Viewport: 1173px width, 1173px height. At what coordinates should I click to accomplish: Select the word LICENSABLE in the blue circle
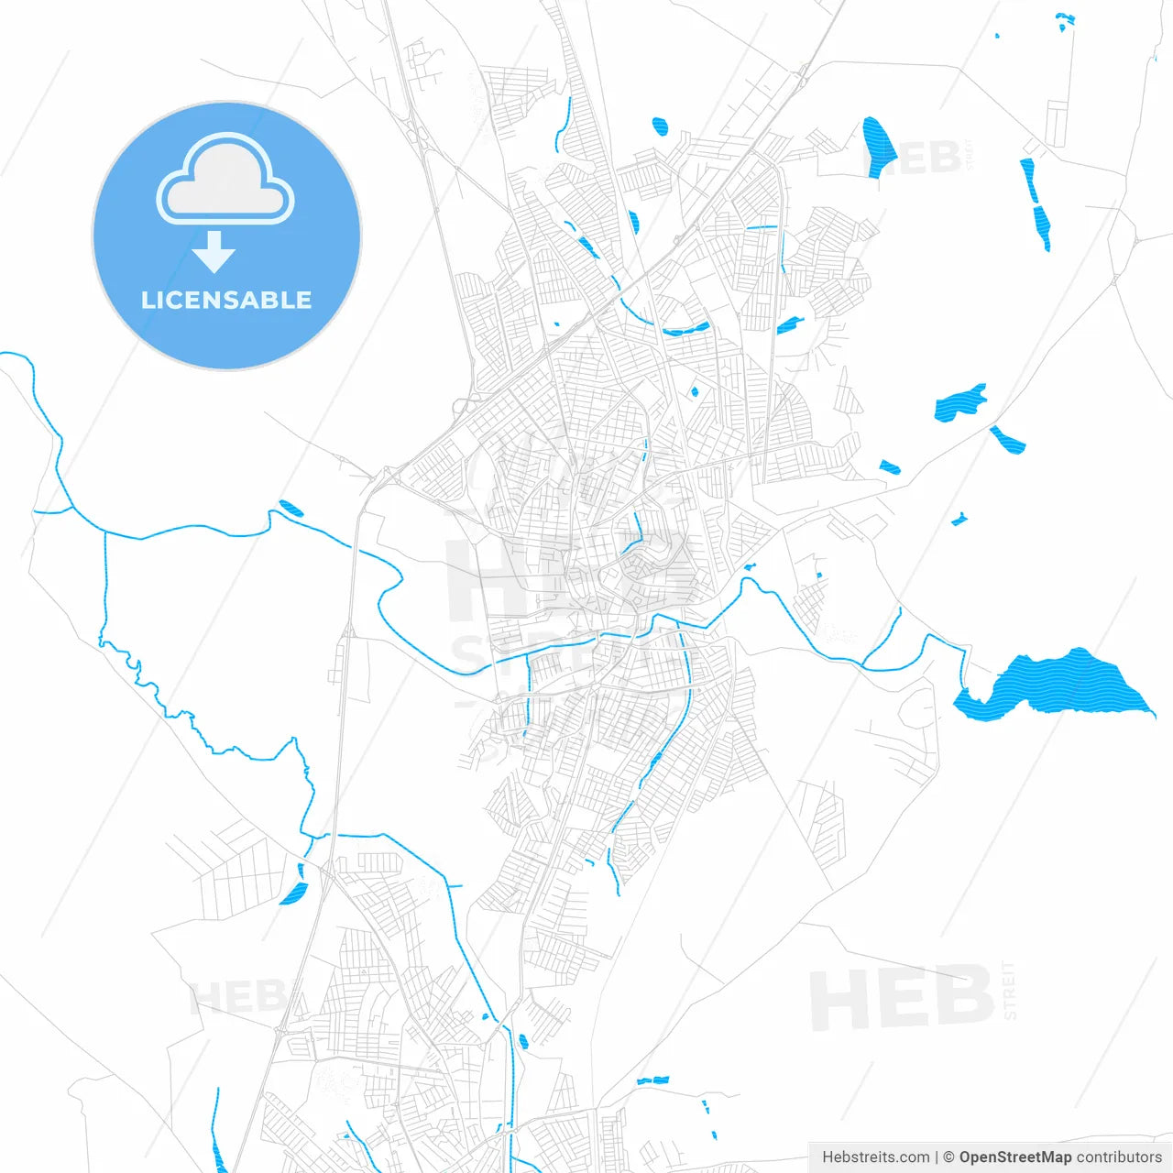[226, 300]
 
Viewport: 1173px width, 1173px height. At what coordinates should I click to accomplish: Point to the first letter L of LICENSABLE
[148, 300]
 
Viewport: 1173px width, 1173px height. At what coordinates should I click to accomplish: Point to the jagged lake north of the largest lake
[959, 403]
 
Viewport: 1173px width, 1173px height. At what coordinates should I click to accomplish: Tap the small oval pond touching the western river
[291, 508]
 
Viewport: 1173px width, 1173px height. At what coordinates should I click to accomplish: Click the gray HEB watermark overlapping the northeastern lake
[916, 158]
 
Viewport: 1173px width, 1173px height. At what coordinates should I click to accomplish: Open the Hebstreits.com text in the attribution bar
[875, 1157]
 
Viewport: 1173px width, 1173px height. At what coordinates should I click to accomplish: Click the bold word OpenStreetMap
[1015, 1157]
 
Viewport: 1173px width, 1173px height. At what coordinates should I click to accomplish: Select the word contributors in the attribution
[1119, 1157]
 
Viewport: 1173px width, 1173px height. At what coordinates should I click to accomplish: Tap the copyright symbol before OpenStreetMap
[949, 1157]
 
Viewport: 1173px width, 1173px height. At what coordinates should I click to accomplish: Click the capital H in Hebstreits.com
[828, 1157]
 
